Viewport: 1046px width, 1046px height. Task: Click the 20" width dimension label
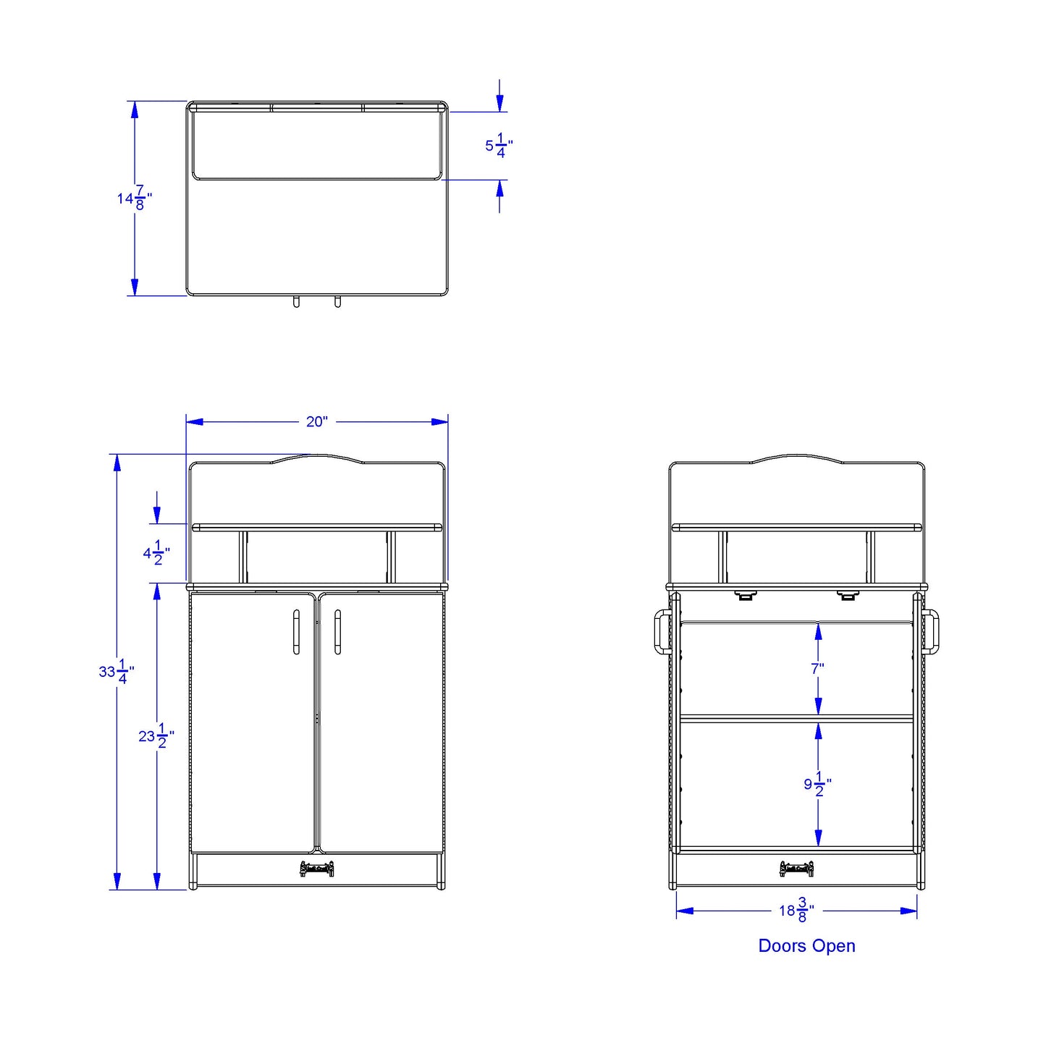(x=316, y=421)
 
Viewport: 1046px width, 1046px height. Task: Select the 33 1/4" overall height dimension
(x=117, y=672)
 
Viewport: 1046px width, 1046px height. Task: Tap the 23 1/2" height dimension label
(x=156, y=736)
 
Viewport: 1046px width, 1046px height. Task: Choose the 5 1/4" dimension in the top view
(x=499, y=146)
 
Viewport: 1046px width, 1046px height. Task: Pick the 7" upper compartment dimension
(x=817, y=668)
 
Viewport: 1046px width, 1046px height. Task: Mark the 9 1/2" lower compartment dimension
(x=817, y=784)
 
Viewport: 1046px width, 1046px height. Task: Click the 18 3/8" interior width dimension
(x=796, y=911)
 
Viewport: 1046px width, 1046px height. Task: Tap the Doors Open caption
(x=806, y=946)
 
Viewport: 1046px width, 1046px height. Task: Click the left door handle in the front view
(x=296, y=632)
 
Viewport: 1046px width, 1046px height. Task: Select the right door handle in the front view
(x=337, y=632)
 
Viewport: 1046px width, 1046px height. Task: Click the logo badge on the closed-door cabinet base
(x=317, y=869)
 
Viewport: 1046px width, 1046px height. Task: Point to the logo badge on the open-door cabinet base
(x=796, y=869)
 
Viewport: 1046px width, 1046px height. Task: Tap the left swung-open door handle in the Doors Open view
(x=662, y=632)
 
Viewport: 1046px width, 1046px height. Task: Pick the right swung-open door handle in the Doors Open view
(x=931, y=632)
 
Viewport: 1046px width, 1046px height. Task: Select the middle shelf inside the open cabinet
(x=796, y=719)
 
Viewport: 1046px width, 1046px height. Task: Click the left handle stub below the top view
(x=296, y=302)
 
